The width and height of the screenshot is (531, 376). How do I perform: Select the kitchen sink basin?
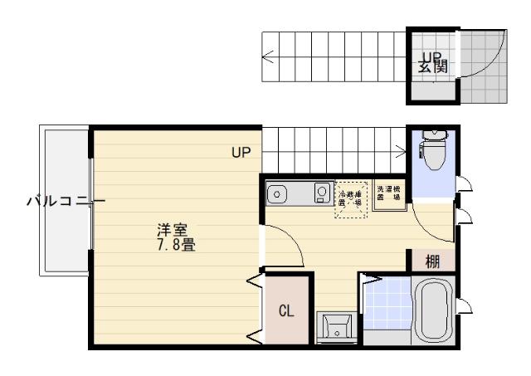coord(278,195)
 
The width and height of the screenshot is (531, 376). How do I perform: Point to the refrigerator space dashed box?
coord(350,199)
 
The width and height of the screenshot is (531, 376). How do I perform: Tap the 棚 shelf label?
coord(432,261)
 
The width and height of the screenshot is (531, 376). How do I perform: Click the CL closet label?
coord(285,311)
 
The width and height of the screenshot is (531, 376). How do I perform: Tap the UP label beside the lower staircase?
coord(241,153)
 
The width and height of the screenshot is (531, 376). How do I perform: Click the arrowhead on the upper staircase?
coord(265,58)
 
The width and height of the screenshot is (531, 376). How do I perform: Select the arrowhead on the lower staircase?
coord(402,150)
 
